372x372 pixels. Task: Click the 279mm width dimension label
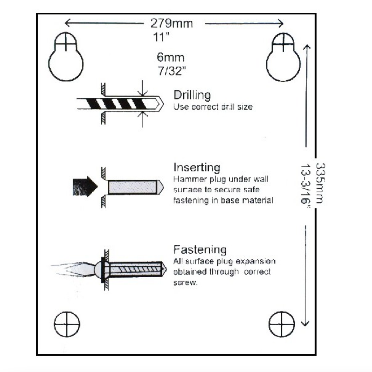(172, 24)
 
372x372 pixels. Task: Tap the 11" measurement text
(161, 37)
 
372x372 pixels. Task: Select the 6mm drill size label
(171, 57)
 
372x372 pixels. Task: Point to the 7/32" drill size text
(172, 71)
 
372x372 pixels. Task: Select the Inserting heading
(197, 167)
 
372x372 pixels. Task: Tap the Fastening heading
(200, 249)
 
